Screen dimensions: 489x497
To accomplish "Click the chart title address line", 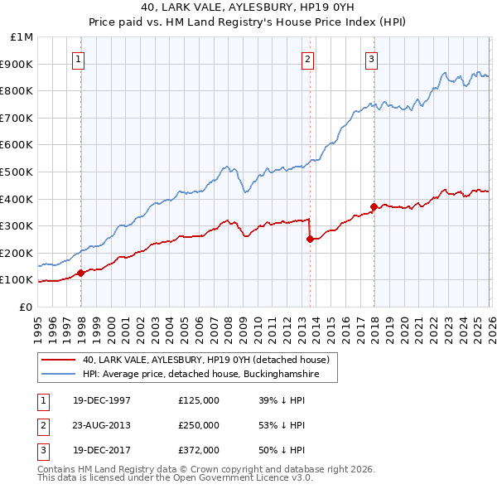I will [248, 7].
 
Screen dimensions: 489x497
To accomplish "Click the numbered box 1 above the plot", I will [78, 59].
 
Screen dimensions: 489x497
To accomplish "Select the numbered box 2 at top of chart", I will [307, 59].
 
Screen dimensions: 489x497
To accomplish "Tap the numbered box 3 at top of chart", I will [372, 59].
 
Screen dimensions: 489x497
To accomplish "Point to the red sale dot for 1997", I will [80, 273].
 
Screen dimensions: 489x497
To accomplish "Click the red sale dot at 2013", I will [310, 239].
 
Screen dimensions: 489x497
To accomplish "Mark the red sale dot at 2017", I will [374, 206].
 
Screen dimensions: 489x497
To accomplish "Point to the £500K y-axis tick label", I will [18, 172].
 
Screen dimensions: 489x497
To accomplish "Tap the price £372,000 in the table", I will [199, 450].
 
